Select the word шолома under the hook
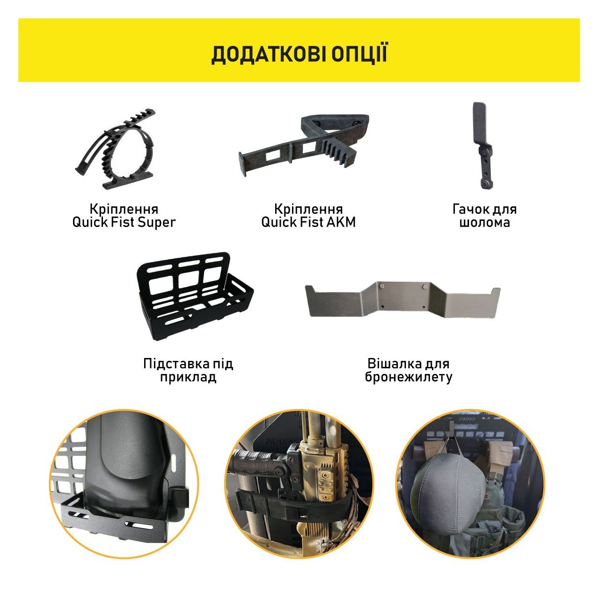(x=485, y=223)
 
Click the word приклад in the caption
(x=188, y=377)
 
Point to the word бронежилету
(x=409, y=377)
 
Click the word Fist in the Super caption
(x=124, y=222)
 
